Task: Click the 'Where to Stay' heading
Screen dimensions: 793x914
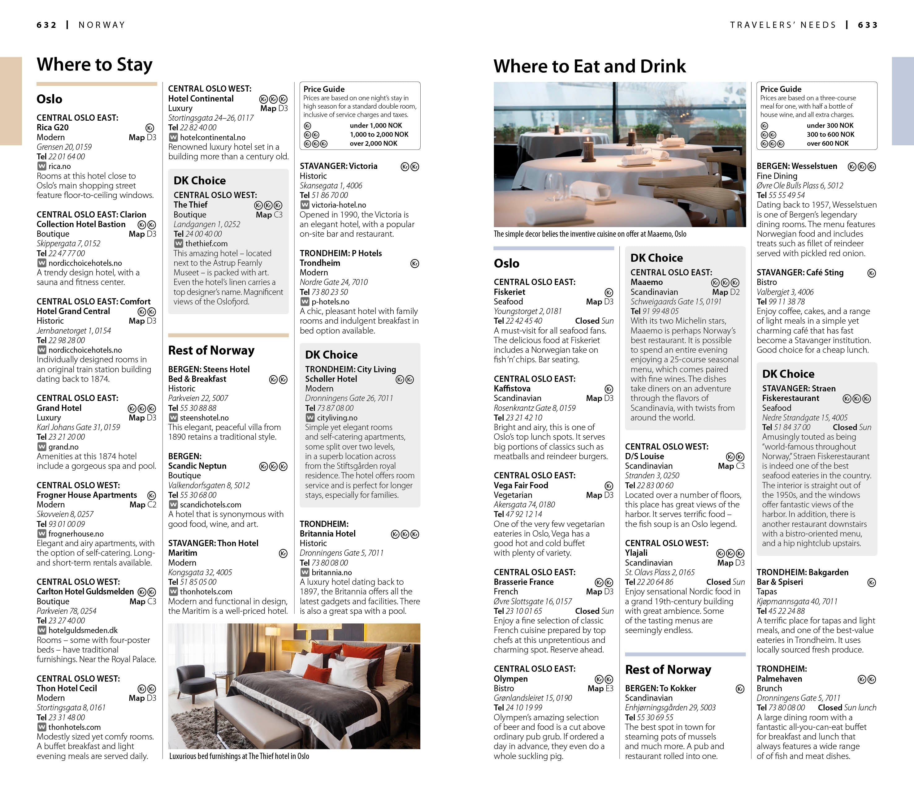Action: tap(94, 65)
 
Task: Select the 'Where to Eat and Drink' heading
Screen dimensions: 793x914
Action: tap(590, 67)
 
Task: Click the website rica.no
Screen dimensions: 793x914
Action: tap(59, 166)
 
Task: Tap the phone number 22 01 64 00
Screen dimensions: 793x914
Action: tap(67, 157)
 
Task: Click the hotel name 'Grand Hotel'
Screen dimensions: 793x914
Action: tap(59, 408)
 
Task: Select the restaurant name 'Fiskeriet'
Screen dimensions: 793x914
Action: tap(509, 292)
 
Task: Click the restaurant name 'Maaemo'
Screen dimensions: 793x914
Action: tap(646, 282)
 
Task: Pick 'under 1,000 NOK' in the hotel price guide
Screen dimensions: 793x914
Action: tap(375, 126)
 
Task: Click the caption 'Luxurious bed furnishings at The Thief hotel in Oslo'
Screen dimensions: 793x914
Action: tap(239, 756)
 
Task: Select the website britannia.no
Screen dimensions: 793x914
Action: tap(331, 573)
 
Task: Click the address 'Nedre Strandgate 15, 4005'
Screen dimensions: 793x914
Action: tap(804, 418)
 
